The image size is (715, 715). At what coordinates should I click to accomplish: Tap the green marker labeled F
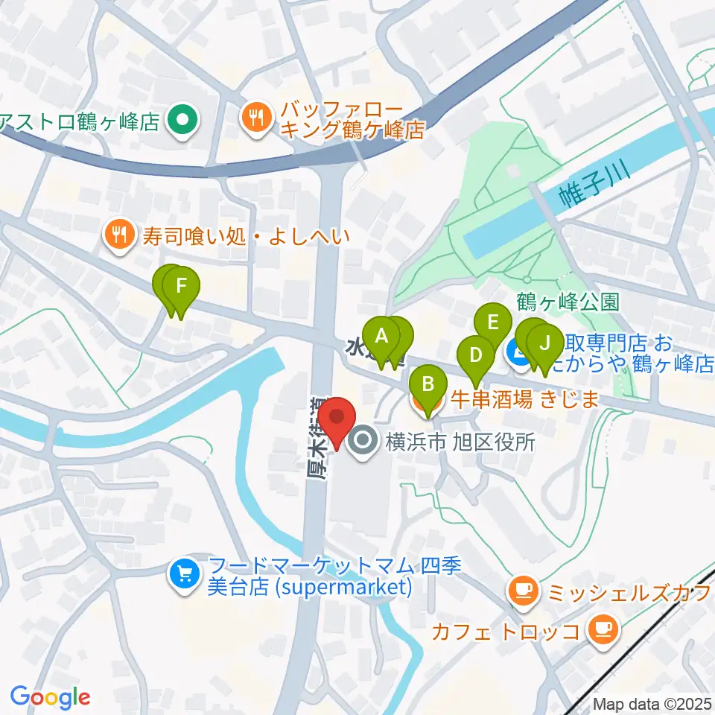pos(179,287)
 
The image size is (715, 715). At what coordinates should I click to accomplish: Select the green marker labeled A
pos(382,337)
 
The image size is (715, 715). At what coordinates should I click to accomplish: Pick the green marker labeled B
pos(428,386)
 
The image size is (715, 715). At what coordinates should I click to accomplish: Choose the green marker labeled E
pos(492,324)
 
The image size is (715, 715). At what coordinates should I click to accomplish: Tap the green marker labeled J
pos(544,344)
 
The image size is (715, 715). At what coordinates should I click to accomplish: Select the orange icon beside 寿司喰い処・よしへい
pos(118,238)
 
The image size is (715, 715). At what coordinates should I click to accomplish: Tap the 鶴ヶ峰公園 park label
pos(568,302)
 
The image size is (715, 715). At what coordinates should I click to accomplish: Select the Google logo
pos(51,698)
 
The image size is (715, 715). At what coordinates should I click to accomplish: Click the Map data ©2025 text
pos(652,704)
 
